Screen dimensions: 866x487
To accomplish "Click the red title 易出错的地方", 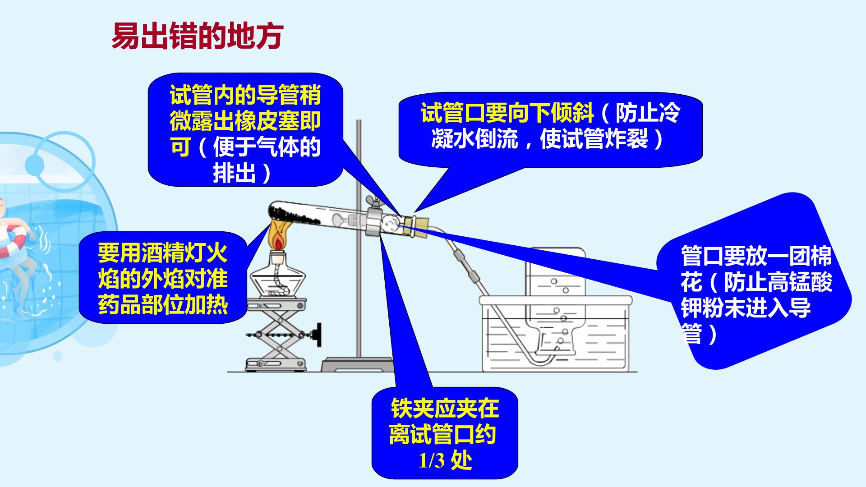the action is click(x=197, y=36).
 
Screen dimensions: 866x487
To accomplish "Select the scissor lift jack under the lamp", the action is click(x=276, y=334).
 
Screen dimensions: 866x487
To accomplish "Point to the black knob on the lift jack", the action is click(x=319, y=334).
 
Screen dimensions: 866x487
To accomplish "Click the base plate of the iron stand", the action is click(x=358, y=364).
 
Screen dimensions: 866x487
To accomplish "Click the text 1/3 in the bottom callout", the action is click(x=432, y=460).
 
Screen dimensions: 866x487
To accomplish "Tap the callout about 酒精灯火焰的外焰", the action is click(x=163, y=278).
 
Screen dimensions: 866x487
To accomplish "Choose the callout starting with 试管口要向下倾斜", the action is click(x=550, y=129).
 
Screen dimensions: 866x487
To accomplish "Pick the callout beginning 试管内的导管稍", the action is click(x=245, y=130).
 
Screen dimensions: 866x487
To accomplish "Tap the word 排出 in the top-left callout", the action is click(x=235, y=173).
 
